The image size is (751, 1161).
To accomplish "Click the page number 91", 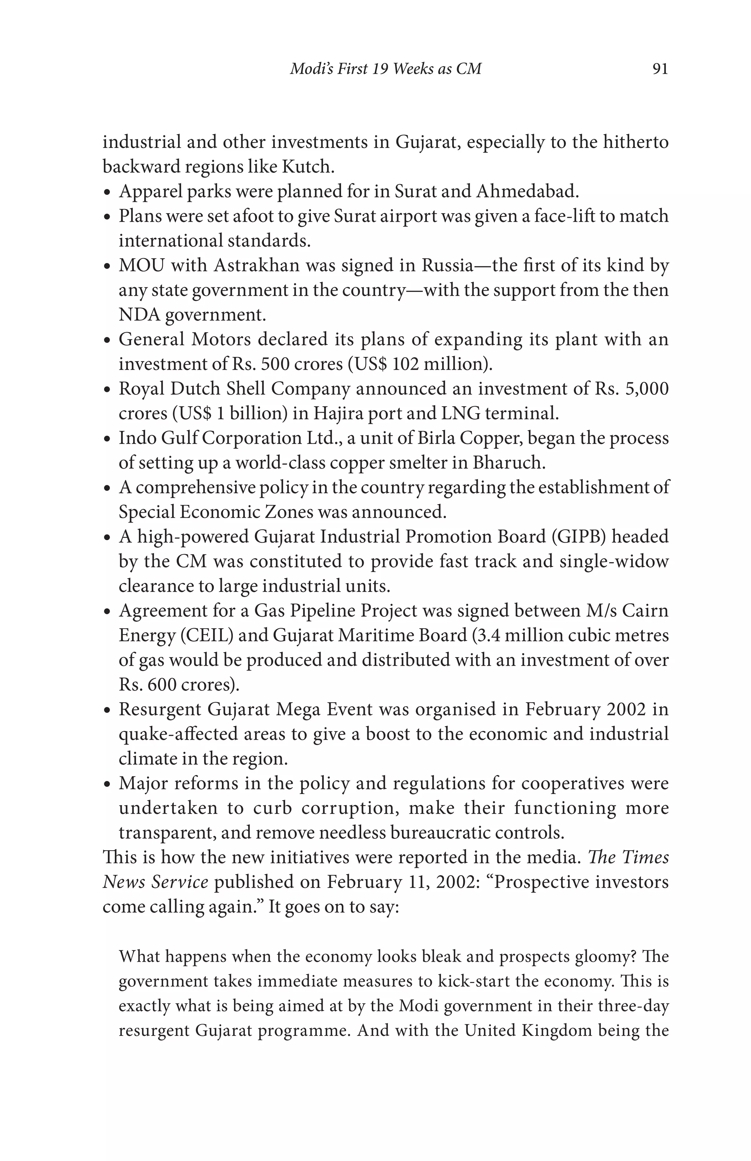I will point(659,69).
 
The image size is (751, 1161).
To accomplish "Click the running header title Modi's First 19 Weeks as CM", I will point(385,69).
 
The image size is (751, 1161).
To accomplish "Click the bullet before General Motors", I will point(108,341).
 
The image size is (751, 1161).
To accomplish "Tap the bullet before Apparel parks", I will point(108,193).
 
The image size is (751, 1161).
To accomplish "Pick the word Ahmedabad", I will point(526,191).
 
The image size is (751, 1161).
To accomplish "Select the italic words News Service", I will point(155,882).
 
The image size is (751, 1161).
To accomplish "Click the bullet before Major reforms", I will point(108,785).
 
